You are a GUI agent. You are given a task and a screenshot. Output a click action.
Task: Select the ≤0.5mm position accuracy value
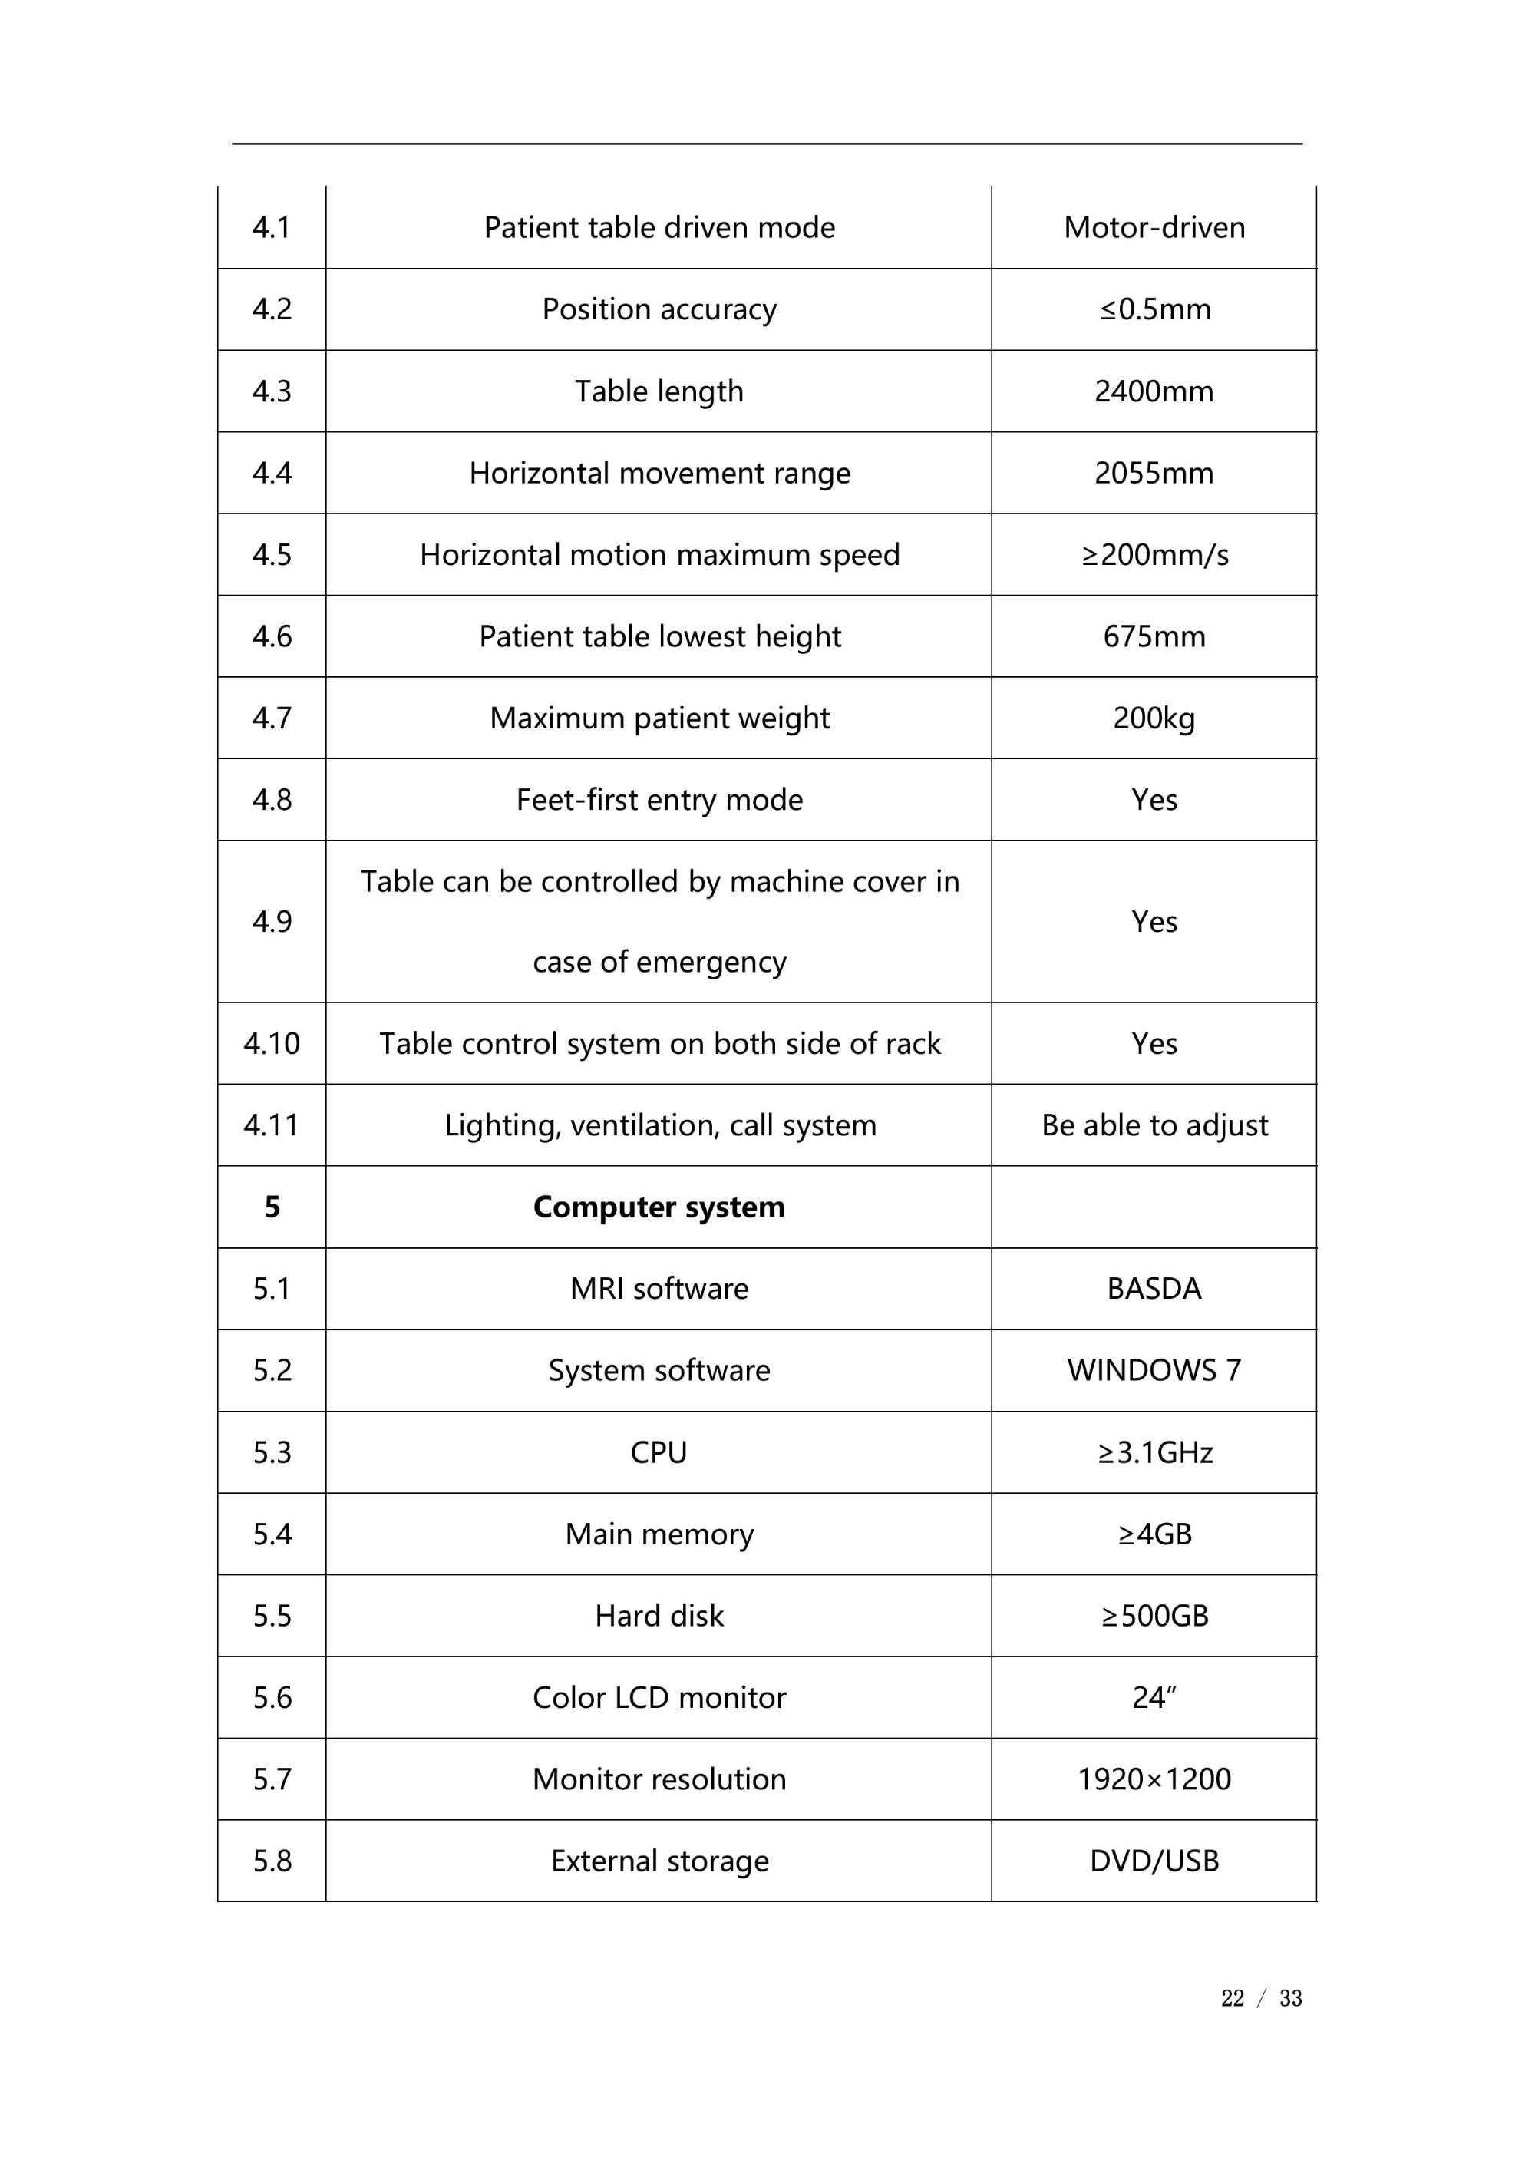pos(1154,309)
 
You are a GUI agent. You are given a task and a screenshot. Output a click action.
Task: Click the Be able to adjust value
pos(1154,1125)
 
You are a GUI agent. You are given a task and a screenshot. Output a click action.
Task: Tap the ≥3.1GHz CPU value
pos(1154,1452)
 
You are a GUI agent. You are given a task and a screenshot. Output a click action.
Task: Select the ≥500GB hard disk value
pos(1154,1615)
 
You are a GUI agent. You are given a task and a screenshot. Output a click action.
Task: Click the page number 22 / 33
pos(1261,1998)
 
